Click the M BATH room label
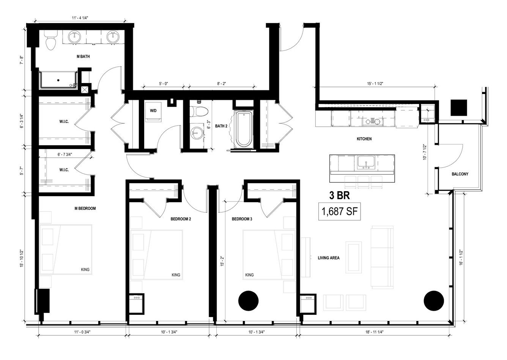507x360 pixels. coord(83,57)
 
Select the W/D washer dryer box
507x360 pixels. coord(153,112)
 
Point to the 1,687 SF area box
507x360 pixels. coord(340,212)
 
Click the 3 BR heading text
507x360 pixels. coord(340,195)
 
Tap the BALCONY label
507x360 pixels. coord(460,174)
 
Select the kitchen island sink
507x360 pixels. coord(366,162)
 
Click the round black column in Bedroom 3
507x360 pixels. coord(248,301)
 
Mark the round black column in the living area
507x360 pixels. coord(434,301)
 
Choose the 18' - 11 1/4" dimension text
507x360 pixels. coord(374,332)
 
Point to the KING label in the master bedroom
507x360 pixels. coord(85,269)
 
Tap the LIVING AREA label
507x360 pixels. coord(329,258)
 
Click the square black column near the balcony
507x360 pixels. coord(459,108)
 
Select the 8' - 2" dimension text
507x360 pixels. coord(222,83)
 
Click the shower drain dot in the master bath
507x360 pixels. coord(58,80)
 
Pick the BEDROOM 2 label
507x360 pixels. coord(181,219)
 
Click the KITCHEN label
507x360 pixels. coord(364,139)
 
